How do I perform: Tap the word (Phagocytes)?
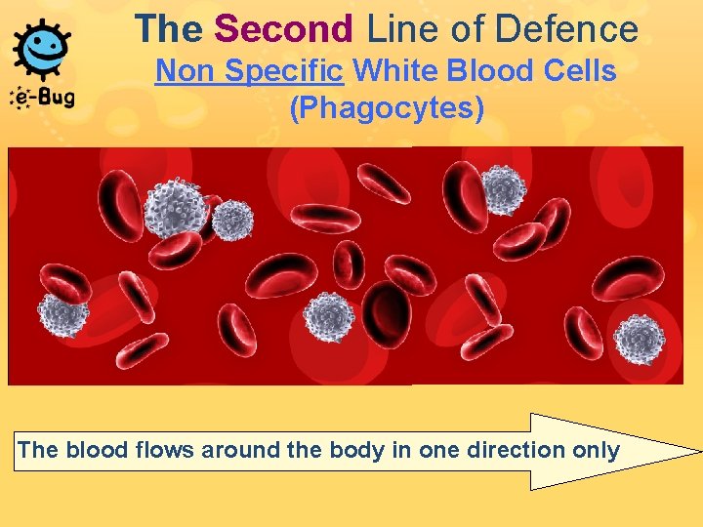pyautogui.click(x=387, y=107)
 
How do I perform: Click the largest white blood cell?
pyautogui.click(x=177, y=206)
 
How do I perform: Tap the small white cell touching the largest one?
pyautogui.click(x=232, y=221)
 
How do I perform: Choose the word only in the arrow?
pyautogui.click(x=597, y=450)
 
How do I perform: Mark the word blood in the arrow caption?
pyautogui.click(x=92, y=450)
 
